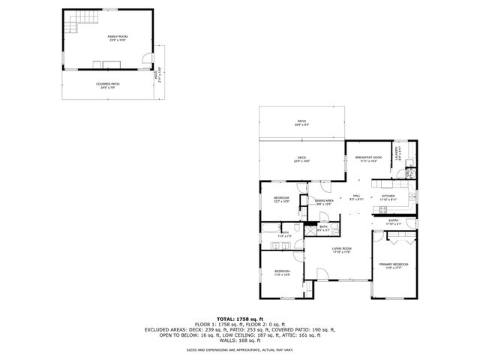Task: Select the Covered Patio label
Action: coord(106,85)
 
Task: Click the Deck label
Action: coord(301,159)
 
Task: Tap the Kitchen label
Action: coord(388,199)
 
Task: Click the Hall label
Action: coord(357,198)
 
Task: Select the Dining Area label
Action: coord(324,202)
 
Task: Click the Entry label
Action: coord(394,223)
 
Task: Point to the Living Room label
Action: coord(342,250)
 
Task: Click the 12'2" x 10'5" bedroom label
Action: coord(281,199)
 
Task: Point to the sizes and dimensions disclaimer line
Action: coord(240,349)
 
